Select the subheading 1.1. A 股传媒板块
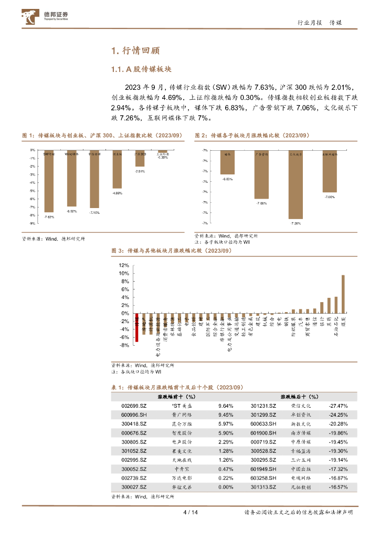point(142,70)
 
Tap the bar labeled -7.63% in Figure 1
point(49,181)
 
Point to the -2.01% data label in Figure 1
point(140,171)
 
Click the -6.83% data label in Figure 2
point(227,180)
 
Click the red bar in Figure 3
point(137,327)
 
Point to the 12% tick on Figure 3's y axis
point(124,265)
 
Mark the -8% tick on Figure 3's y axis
point(124,345)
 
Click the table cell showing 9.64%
point(225,406)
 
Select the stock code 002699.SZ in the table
point(132,406)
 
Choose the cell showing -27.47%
point(339,406)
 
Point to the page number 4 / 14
point(189,512)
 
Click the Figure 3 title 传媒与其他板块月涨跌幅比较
point(179,251)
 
